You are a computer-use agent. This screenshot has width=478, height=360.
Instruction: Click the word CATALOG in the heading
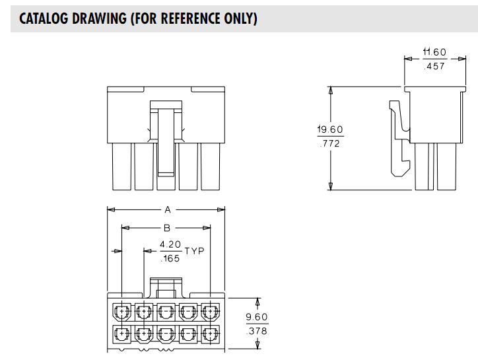pyautogui.click(x=44, y=18)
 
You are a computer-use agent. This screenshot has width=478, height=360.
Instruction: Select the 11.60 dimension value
pyautogui.click(x=434, y=52)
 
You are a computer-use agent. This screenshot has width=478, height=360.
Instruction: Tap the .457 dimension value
pyautogui.click(x=434, y=65)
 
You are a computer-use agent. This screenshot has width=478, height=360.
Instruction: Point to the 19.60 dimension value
pyautogui.click(x=330, y=130)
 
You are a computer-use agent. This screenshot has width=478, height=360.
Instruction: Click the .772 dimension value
pyautogui.click(x=330, y=143)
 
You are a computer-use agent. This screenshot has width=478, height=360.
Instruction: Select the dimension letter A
pyautogui.click(x=167, y=210)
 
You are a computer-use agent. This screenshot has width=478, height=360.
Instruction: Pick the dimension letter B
pyautogui.click(x=167, y=228)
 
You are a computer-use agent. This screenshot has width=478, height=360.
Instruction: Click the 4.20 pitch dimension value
pyautogui.click(x=171, y=244)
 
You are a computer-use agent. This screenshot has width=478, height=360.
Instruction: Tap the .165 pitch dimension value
pyautogui.click(x=171, y=258)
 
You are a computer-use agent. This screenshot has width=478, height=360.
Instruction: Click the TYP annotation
pyautogui.click(x=195, y=252)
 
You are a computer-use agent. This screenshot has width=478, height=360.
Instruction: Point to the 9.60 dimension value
pyautogui.click(x=257, y=317)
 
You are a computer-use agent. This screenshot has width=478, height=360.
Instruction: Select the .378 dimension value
pyautogui.click(x=257, y=330)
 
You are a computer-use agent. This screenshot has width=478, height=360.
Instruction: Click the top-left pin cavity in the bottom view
pyautogui.click(x=123, y=311)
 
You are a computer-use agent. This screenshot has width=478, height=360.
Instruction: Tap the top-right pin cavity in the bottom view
pyautogui.click(x=211, y=311)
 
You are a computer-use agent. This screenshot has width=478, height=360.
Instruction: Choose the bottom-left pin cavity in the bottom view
pyautogui.click(x=123, y=334)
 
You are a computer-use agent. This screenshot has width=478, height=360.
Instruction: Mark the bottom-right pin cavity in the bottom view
pyautogui.click(x=211, y=334)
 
